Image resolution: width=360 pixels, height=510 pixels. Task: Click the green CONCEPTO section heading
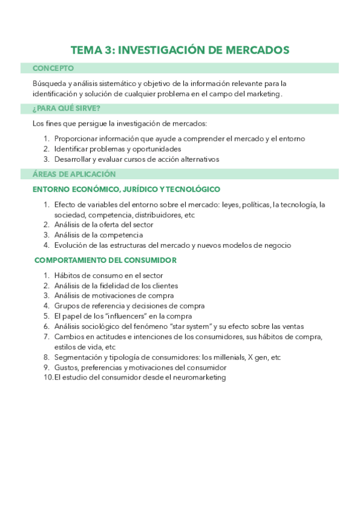(x=53, y=69)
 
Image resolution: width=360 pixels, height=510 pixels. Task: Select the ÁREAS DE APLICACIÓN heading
(x=74, y=174)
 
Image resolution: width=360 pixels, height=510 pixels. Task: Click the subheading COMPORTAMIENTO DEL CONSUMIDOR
(x=105, y=260)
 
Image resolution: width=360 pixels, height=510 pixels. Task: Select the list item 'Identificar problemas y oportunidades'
(x=117, y=149)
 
